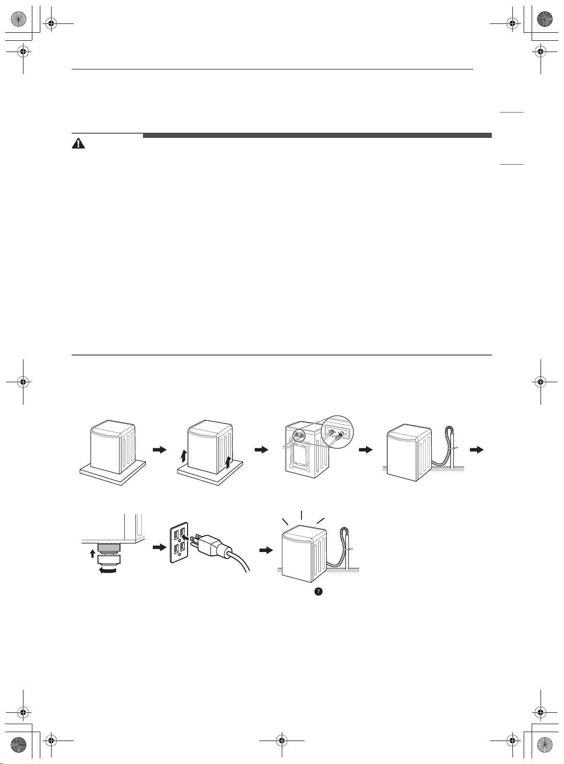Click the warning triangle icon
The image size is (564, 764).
(x=78, y=144)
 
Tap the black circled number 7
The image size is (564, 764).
(x=318, y=591)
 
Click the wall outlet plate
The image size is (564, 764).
(x=179, y=542)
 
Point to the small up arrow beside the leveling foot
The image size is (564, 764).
(x=92, y=553)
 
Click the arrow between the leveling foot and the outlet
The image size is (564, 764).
(x=160, y=547)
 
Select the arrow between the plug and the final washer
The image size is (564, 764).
(x=266, y=550)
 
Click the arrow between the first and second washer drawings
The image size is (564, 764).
(x=160, y=449)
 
